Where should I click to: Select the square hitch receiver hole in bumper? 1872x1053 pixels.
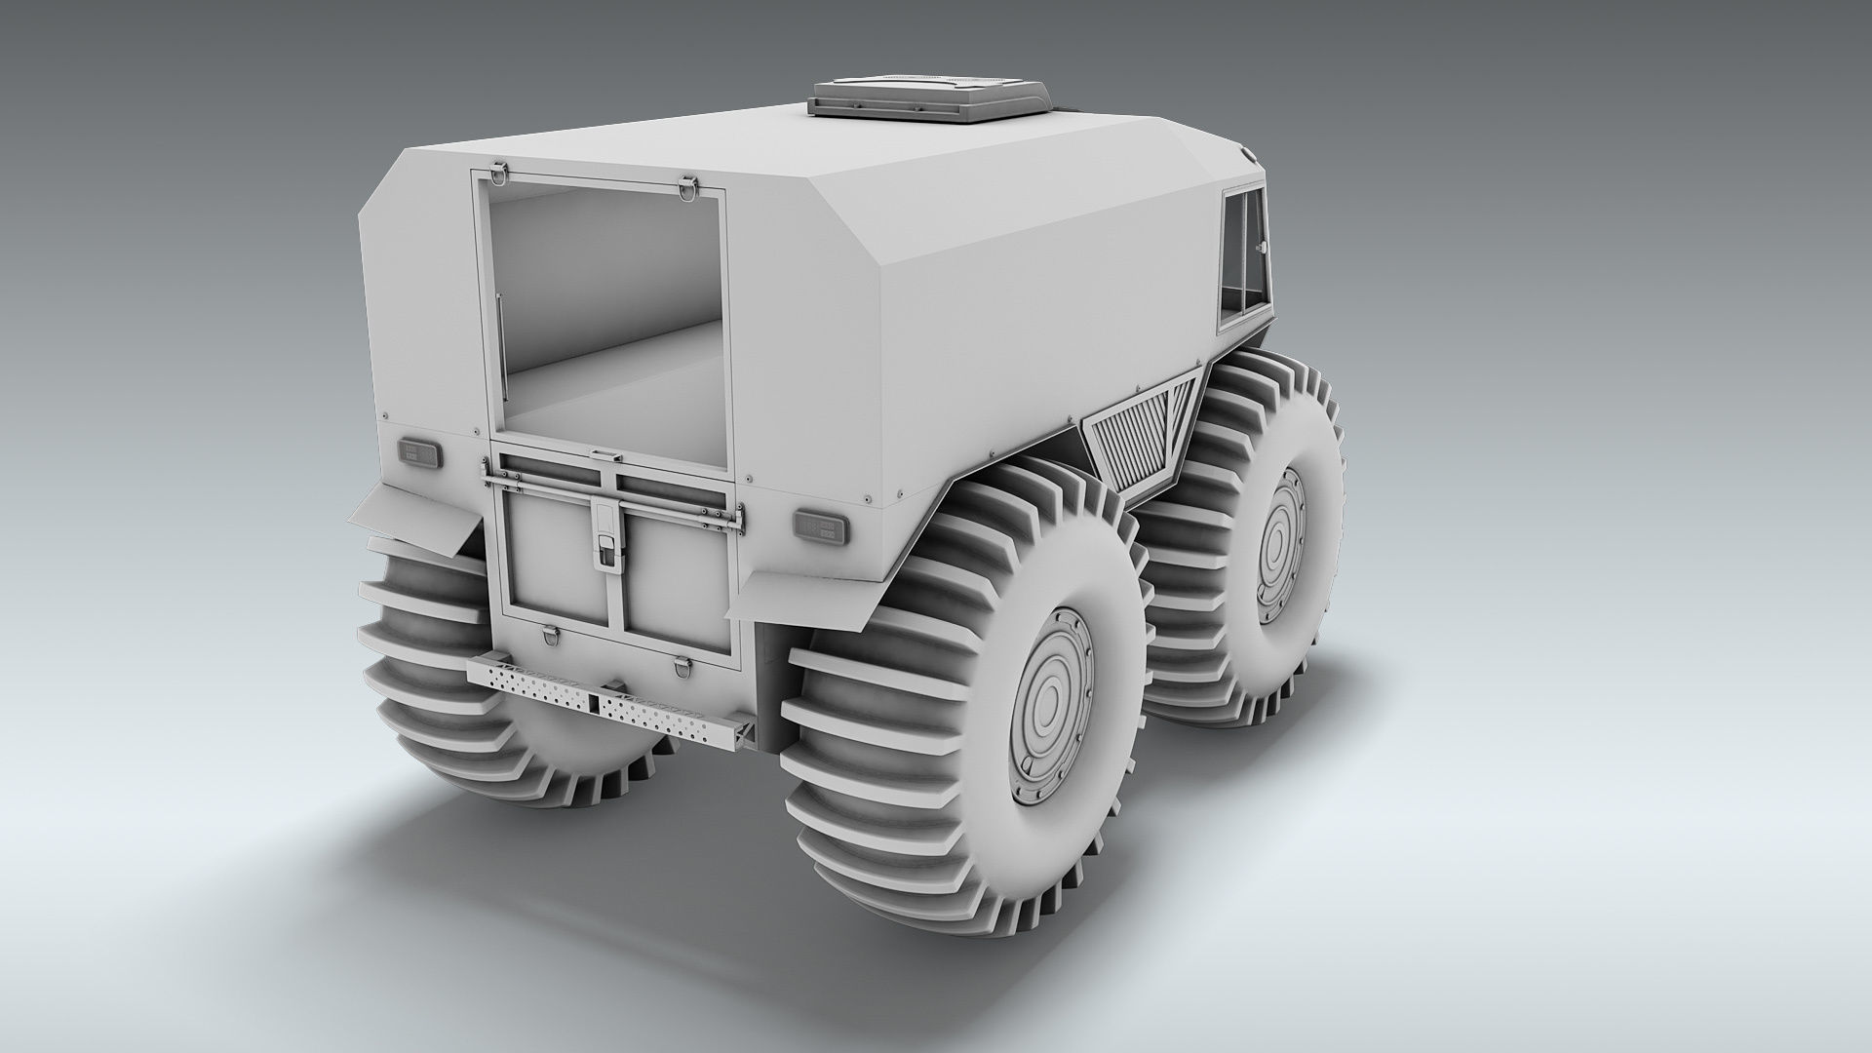coord(593,702)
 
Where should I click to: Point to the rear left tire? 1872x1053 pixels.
coord(439,663)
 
